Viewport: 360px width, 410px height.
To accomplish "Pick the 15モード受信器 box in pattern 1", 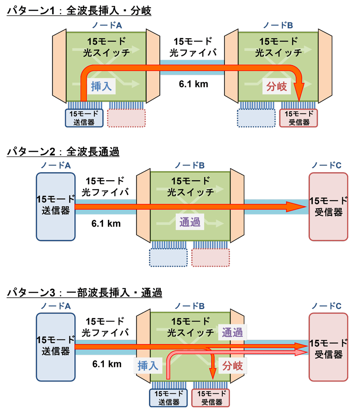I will (298, 118).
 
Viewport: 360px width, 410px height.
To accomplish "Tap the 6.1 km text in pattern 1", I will (191, 83).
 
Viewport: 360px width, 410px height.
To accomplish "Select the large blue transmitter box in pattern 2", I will (56, 206).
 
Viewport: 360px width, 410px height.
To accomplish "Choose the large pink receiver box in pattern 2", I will (328, 206).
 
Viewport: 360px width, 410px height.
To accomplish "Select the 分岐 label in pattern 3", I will (232, 366).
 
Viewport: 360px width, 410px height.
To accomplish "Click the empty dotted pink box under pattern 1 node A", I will (127, 118).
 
